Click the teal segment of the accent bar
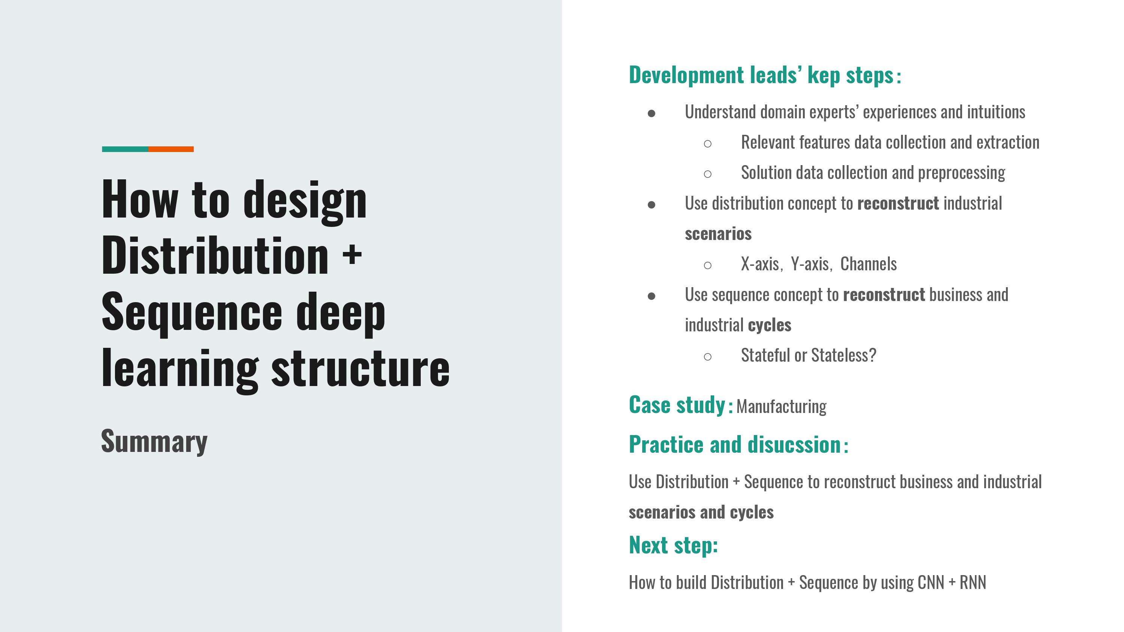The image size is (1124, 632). point(125,149)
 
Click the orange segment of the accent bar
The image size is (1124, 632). point(171,149)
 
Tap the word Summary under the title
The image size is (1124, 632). point(154,442)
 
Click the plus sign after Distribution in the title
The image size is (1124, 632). point(352,255)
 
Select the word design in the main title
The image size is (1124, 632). point(305,201)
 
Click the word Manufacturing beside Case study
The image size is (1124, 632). point(782,407)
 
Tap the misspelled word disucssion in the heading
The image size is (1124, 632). point(795,445)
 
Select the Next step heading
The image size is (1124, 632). point(673,546)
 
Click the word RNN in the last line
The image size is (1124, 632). point(973,582)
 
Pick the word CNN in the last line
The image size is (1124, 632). point(931,582)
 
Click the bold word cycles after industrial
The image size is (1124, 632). point(770,325)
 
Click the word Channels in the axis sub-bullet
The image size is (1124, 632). point(869,264)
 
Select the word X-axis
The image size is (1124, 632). point(760,264)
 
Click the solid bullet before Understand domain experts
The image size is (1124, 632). point(652,114)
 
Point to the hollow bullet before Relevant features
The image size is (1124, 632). point(708,143)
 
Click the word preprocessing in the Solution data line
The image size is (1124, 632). point(962,173)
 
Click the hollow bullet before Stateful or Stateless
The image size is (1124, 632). point(708,357)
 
